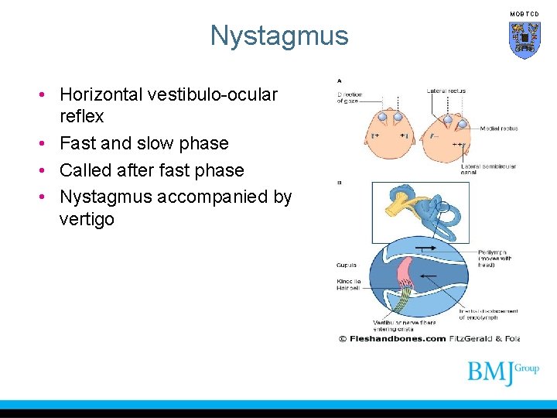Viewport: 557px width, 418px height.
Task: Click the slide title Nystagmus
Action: [x=279, y=36]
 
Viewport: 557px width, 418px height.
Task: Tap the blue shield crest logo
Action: [x=524, y=39]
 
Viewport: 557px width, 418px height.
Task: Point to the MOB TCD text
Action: [x=524, y=14]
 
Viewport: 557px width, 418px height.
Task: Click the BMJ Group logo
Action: [x=502, y=372]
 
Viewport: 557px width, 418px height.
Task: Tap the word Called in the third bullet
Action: [x=87, y=170]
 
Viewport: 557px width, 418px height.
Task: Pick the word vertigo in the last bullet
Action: [x=87, y=219]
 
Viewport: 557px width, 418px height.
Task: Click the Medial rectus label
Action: [x=498, y=128]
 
